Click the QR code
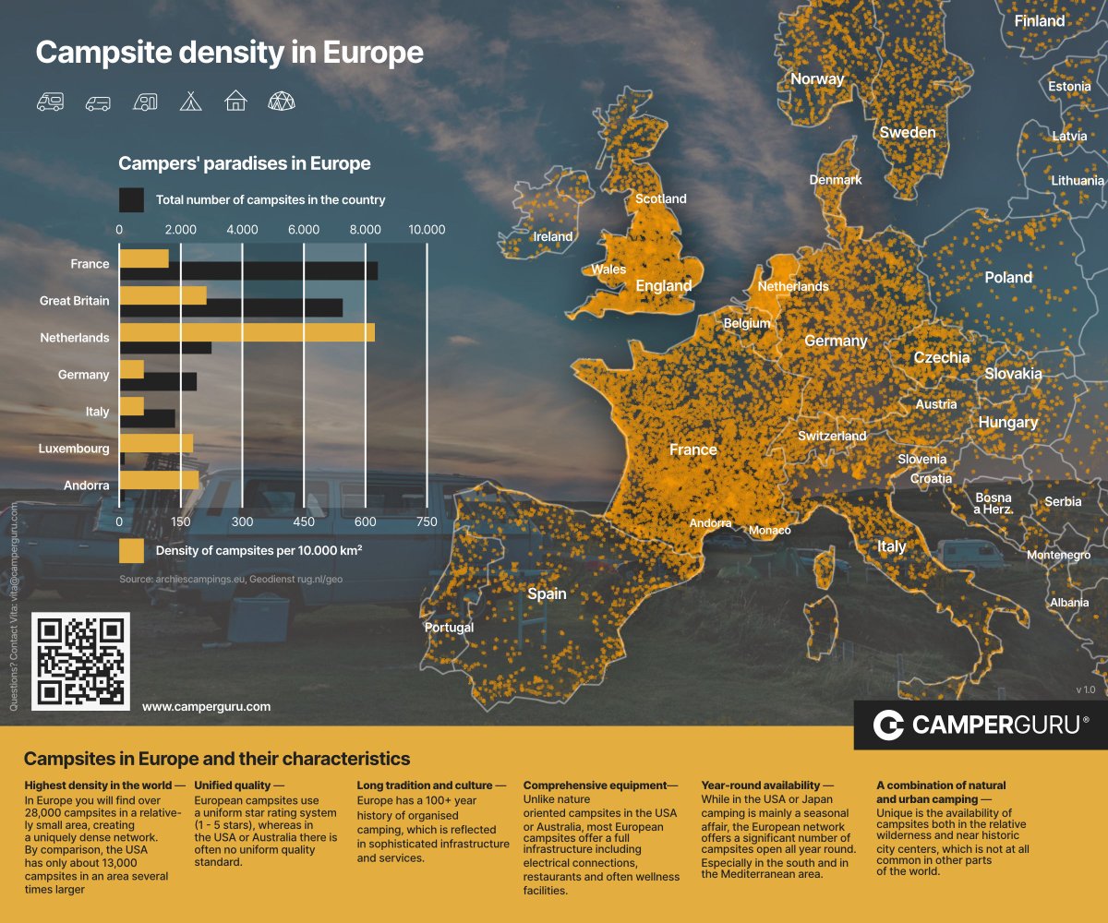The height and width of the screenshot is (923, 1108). click(x=80, y=661)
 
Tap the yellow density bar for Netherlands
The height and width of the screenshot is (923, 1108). click(x=247, y=332)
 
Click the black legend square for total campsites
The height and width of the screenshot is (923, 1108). click(x=131, y=199)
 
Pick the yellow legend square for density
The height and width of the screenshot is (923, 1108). click(x=131, y=551)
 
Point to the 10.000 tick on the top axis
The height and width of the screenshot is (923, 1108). click(x=427, y=230)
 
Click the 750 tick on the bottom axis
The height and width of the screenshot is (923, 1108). click(x=427, y=521)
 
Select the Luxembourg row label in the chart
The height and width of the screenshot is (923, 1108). click(x=74, y=449)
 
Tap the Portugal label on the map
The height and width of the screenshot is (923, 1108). click(x=449, y=628)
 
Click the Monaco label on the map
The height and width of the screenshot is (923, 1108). click(x=769, y=531)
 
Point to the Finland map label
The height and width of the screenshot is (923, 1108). click(x=1039, y=20)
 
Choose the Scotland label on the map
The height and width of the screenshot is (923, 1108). click(x=661, y=198)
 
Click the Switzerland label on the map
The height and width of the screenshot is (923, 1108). click(x=832, y=436)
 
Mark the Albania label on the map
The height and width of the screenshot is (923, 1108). click(x=1068, y=603)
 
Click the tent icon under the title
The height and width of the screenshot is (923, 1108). click(x=190, y=101)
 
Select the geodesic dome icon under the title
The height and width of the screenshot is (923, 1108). click(x=282, y=101)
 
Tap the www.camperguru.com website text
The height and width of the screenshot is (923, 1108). click(x=206, y=706)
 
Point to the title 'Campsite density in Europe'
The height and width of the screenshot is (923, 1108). click(x=229, y=53)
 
